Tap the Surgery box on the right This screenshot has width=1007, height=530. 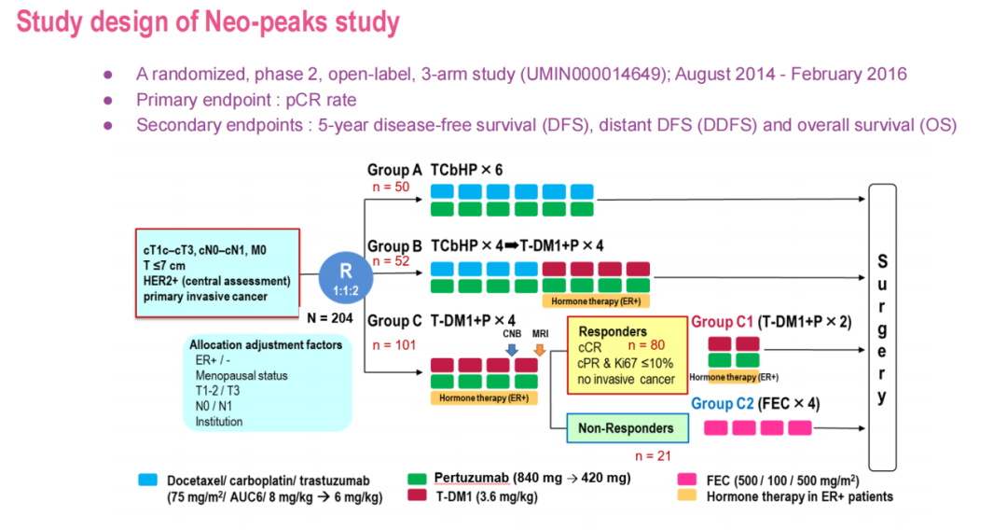click(x=881, y=327)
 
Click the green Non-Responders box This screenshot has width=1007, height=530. click(x=626, y=428)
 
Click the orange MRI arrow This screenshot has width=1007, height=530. click(x=539, y=349)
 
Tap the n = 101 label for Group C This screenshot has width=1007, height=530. click(x=393, y=344)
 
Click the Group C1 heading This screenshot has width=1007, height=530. click(x=724, y=322)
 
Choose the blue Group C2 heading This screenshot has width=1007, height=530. click(x=724, y=404)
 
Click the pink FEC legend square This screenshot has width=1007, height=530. click(x=686, y=480)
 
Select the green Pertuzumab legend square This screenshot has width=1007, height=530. click(x=417, y=480)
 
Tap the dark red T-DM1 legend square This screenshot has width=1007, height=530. click(x=417, y=496)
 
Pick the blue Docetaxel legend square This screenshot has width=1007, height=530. click(x=147, y=480)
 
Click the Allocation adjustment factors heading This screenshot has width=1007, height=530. click(x=266, y=344)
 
